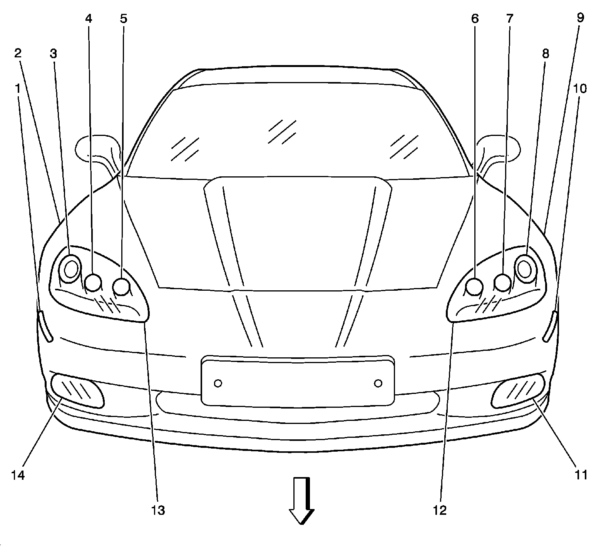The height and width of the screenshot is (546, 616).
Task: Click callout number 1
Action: [17, 89]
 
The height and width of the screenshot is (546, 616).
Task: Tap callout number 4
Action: [89, 19]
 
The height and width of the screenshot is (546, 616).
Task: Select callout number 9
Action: [580, 18]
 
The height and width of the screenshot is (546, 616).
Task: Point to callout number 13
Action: [158, 511]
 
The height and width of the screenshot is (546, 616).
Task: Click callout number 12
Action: [440, 511]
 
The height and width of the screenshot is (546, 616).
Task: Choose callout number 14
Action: [18, 475]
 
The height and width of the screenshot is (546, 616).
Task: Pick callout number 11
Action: [581, 475]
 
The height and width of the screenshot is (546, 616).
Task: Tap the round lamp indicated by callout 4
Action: [93, 282]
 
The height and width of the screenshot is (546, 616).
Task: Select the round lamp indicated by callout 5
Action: [121, 286]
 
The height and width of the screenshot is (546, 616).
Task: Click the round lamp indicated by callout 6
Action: [474, 286]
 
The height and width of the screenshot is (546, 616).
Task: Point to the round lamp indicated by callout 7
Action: [503, 282]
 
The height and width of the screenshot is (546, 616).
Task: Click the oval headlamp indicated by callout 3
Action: [71, 269]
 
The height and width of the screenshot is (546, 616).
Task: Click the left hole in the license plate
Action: [218, 383]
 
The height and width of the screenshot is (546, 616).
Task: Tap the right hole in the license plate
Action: [378, 383]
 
